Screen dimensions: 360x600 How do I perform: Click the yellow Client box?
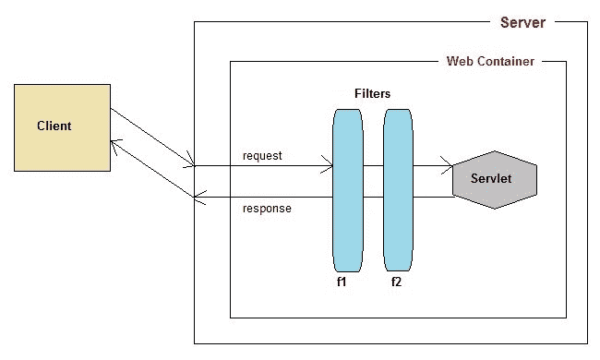point(61,126)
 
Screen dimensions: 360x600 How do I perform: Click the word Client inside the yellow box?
point(54,126)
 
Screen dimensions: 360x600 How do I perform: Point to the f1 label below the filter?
point(342,282)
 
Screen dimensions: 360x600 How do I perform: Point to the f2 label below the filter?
point(396,282)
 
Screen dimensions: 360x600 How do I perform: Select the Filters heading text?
point(372,94)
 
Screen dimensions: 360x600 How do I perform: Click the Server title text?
point(522,22)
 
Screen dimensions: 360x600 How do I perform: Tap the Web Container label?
point(490,62)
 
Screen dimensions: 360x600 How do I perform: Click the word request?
point(262,155)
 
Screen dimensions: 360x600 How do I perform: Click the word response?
point(267,209)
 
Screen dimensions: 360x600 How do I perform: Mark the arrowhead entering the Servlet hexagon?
point(448,167)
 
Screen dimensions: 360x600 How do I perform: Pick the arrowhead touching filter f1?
point(328,167)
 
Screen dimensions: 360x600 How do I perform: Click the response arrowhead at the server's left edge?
point(199,197)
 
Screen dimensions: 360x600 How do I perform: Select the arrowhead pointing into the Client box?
point(114,142)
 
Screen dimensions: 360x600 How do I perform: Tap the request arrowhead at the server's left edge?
point(190,165)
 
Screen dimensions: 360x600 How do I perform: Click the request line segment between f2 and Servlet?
point(429,167)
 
